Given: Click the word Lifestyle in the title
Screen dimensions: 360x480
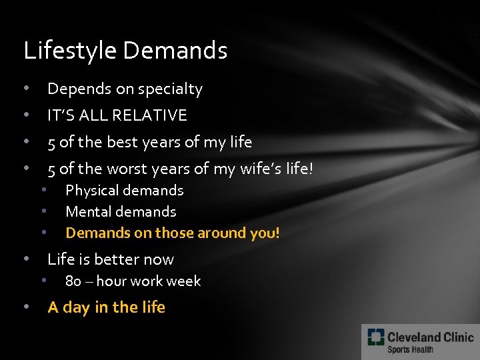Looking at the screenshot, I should tap(71, 51).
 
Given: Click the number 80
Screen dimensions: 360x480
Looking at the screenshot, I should tap(73, 281).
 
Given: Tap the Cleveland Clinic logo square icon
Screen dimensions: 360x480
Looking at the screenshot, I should tap(375, 338).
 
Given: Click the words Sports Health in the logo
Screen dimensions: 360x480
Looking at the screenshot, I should tap(410, 349).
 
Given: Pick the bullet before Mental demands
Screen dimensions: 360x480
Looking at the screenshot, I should tap(43, 211).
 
